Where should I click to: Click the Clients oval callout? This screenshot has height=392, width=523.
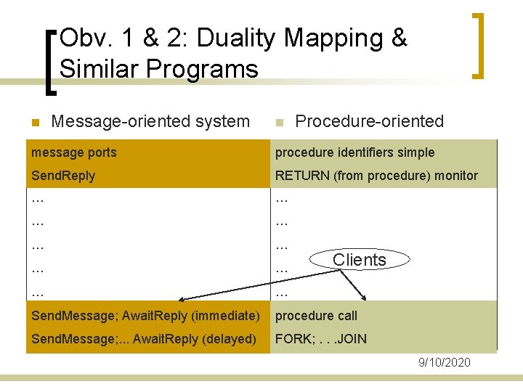(x=360, y=260)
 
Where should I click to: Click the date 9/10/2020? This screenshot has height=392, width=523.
(x=445, y=362)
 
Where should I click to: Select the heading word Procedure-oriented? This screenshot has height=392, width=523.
(x=370, y=121)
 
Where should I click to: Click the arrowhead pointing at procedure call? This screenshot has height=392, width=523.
(x=365, y=298)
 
